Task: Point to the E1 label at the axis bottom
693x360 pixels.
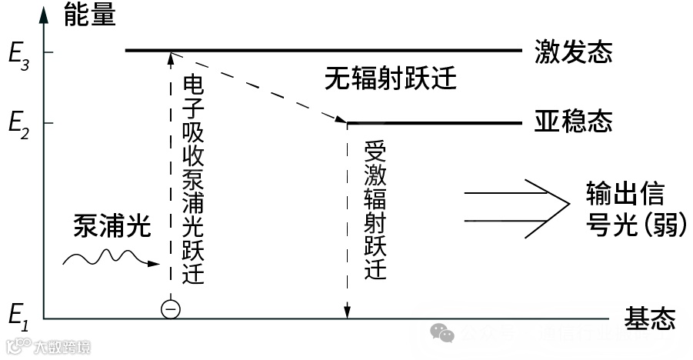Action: (x=17, y=315)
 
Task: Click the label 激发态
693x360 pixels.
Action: (x=573, y=52)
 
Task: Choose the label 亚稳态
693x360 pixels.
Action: (x=573, y=122)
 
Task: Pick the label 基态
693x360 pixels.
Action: (x=650, y=316)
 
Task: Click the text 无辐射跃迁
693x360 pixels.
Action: (x=390, y=78)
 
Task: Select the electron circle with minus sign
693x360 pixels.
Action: (x=171, y=309)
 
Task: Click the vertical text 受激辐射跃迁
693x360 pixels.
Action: (x=375, y=210)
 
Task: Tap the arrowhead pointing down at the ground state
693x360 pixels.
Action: (x=348, y=312)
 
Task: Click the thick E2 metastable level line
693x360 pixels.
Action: (x=435, y=122)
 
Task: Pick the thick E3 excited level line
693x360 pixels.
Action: (x=323, y=51)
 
